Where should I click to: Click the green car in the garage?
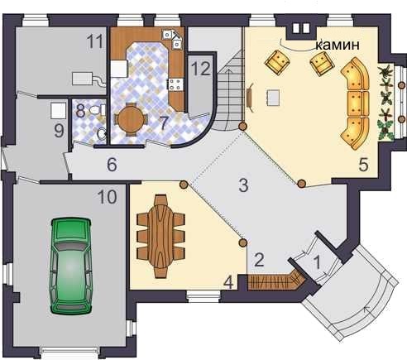(71, 266)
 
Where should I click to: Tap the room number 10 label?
(108, 197)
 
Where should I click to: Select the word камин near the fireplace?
(338, 45)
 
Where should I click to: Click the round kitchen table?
(131, 119)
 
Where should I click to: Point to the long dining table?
(160, 236)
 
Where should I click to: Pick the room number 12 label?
(201, 69)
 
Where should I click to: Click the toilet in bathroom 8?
(97, 110)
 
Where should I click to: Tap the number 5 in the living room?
(363, 165)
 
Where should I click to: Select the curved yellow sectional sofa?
(355, 103)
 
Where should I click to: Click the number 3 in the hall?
(243, 185)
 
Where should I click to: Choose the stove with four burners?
(176, 84)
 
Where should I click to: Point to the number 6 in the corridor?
(112, 165)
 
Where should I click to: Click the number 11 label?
(94, 42)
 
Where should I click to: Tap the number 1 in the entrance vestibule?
(317, 262)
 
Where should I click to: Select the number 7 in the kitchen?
(164, 123)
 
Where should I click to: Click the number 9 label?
(59, 131)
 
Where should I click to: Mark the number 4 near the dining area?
(228, 282)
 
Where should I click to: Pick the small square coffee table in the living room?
(273, 98)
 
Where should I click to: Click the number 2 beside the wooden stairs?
(259, 260)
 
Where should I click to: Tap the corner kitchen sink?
(173, 39)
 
